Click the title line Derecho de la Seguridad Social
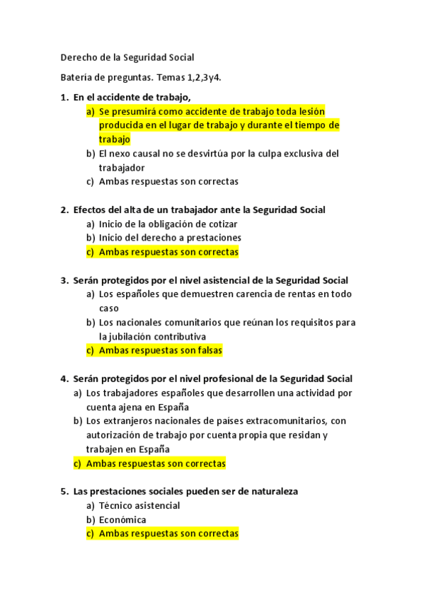[x=127, y=57]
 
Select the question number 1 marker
[x=64, y=97]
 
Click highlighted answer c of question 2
[x=168, y=252]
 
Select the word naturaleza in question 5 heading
[x=273, y=491]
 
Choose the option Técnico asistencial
[x=139, y=505]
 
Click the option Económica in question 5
[x=122, y=519]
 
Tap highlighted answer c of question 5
[x=168, y=533]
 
